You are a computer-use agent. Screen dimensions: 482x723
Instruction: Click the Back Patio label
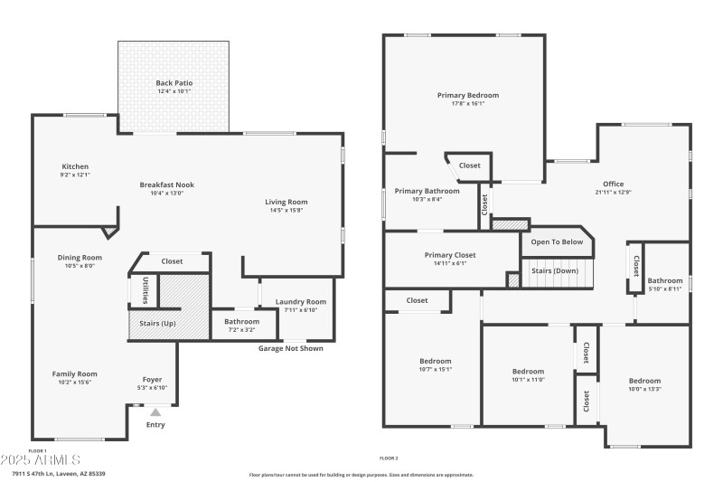coord(174,82)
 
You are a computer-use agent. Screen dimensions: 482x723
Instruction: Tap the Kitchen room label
coord(75,166)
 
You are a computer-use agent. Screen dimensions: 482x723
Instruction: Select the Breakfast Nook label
coord(166,184)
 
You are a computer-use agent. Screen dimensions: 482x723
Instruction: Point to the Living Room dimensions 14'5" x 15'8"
coord(286,210)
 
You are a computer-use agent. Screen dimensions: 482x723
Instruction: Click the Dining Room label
coord(80,257)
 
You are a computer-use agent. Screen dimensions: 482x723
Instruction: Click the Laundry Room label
coord(301,302)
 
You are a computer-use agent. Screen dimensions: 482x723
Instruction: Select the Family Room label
coord(74,373)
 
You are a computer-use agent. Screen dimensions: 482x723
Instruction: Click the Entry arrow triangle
coord(155,412)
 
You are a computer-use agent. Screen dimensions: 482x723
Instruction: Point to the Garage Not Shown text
coord(290,348)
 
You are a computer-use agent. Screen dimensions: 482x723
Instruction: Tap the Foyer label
coord(153,379)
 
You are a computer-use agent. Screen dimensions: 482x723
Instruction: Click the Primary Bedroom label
coord(467,95)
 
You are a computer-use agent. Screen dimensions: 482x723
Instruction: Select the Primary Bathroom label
coord(427,191)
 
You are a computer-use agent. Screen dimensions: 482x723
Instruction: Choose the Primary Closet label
coord(449,255)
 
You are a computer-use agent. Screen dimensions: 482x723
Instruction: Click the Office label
coord(614,184)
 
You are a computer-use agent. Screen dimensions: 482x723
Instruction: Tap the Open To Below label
coord(556,242)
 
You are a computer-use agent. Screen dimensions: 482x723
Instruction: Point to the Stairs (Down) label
coord(554,270)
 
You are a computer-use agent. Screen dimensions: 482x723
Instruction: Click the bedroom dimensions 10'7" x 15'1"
coord(435,369)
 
